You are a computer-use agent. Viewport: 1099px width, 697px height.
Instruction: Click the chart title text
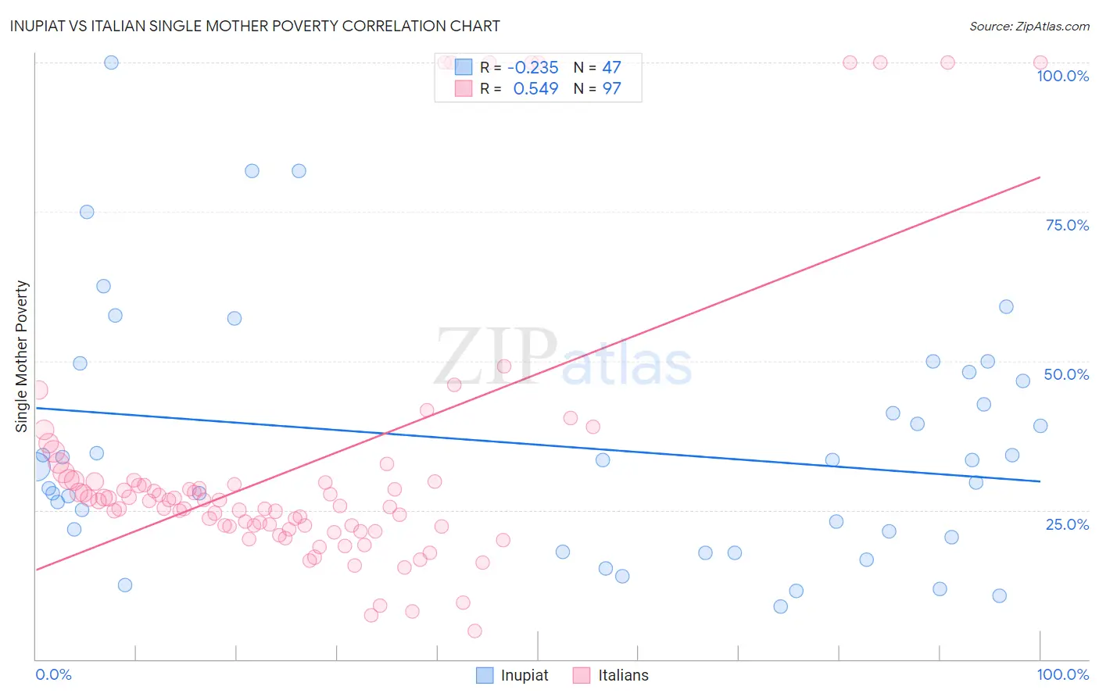pyautogui.click(x=255, y=26)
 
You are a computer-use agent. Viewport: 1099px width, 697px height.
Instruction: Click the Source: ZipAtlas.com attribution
pyautogui.click(x=1029, y=26)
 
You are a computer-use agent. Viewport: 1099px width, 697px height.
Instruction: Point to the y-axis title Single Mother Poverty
pyautogui.click(x=22, y=356)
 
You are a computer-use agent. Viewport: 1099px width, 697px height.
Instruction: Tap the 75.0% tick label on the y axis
pyautogui.click(x=1067, y=225)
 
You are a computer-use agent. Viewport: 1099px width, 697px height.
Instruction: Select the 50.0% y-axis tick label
pyautogui.click(x=1066, y=374)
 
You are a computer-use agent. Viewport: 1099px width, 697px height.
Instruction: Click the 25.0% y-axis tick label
pyautogui.click(x=1067, y=524)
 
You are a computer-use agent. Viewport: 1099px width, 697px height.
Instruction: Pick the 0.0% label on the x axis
pyautogui.click(x=53, y=674)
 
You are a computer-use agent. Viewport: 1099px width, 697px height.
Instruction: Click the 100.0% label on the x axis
pyautogui.click(x=1062, y=674)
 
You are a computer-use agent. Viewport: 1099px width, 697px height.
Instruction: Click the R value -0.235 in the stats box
pyautogui.click(x=533, y=68)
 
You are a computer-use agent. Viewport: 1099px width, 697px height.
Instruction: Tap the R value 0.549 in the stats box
pyautogui.click(x=535, y=89)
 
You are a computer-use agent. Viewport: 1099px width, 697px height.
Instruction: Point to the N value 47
pyautogui.click(x=611, y=68)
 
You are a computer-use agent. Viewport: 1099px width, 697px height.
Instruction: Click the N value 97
pyautogui.click(x=611, y=89)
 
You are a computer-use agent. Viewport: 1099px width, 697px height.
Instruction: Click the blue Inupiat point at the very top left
pyautogui.click(x=111, y=63)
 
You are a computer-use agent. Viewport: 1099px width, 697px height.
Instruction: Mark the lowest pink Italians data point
pyautogui.click(x=474, y=631)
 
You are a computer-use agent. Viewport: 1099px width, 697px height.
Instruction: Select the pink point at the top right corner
pyautogui.click(x=1040, y=63)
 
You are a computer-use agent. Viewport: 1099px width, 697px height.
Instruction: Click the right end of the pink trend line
pyautogui.click(x=1040, y=177)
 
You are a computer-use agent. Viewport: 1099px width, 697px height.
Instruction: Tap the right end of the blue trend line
pyautogui.click(x=1040, y=481)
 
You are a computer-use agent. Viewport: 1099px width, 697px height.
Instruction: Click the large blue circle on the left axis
pyautogui.click(x=36, y=467)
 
